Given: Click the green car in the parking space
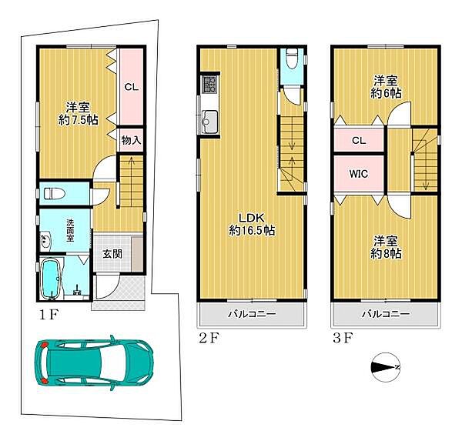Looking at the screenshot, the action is click(x=94, y=362).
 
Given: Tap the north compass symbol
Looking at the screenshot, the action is click(x=386, y=367).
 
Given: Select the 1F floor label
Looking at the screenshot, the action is click(x=49, y=316).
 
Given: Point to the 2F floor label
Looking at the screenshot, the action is click(x=209, y=338).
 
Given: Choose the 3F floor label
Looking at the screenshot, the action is click(x=343, y=338).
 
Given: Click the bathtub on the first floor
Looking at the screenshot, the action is click(x=51, y=279).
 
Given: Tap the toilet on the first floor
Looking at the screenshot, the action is click(x=55, y=193).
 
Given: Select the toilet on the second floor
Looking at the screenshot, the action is click(x=292, y=58).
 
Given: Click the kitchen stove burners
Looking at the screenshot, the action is click(x=209, y=84).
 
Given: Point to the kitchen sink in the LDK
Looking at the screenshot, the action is click(x=209, y=122).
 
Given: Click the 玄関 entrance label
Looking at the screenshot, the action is click(x=112, y=254).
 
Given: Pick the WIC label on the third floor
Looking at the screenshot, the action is click(x=359, y=173).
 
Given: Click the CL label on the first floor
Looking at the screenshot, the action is click(x=132, y=87).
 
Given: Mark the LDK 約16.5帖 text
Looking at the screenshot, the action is click(x=253, y=224).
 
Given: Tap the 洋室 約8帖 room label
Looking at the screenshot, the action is click(x=386, y=247).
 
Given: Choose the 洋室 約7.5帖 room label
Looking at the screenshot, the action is click(x=78, y=113).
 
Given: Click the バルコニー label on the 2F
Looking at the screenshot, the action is click(x=253, y=314).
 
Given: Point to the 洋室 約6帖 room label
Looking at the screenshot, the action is click(x=386, y=87).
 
